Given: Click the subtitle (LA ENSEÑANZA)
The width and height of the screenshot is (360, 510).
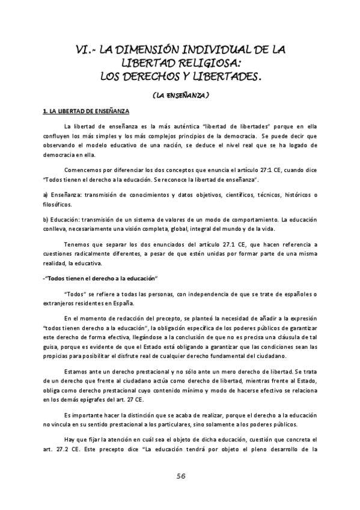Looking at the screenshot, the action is (x=180, y=95).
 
